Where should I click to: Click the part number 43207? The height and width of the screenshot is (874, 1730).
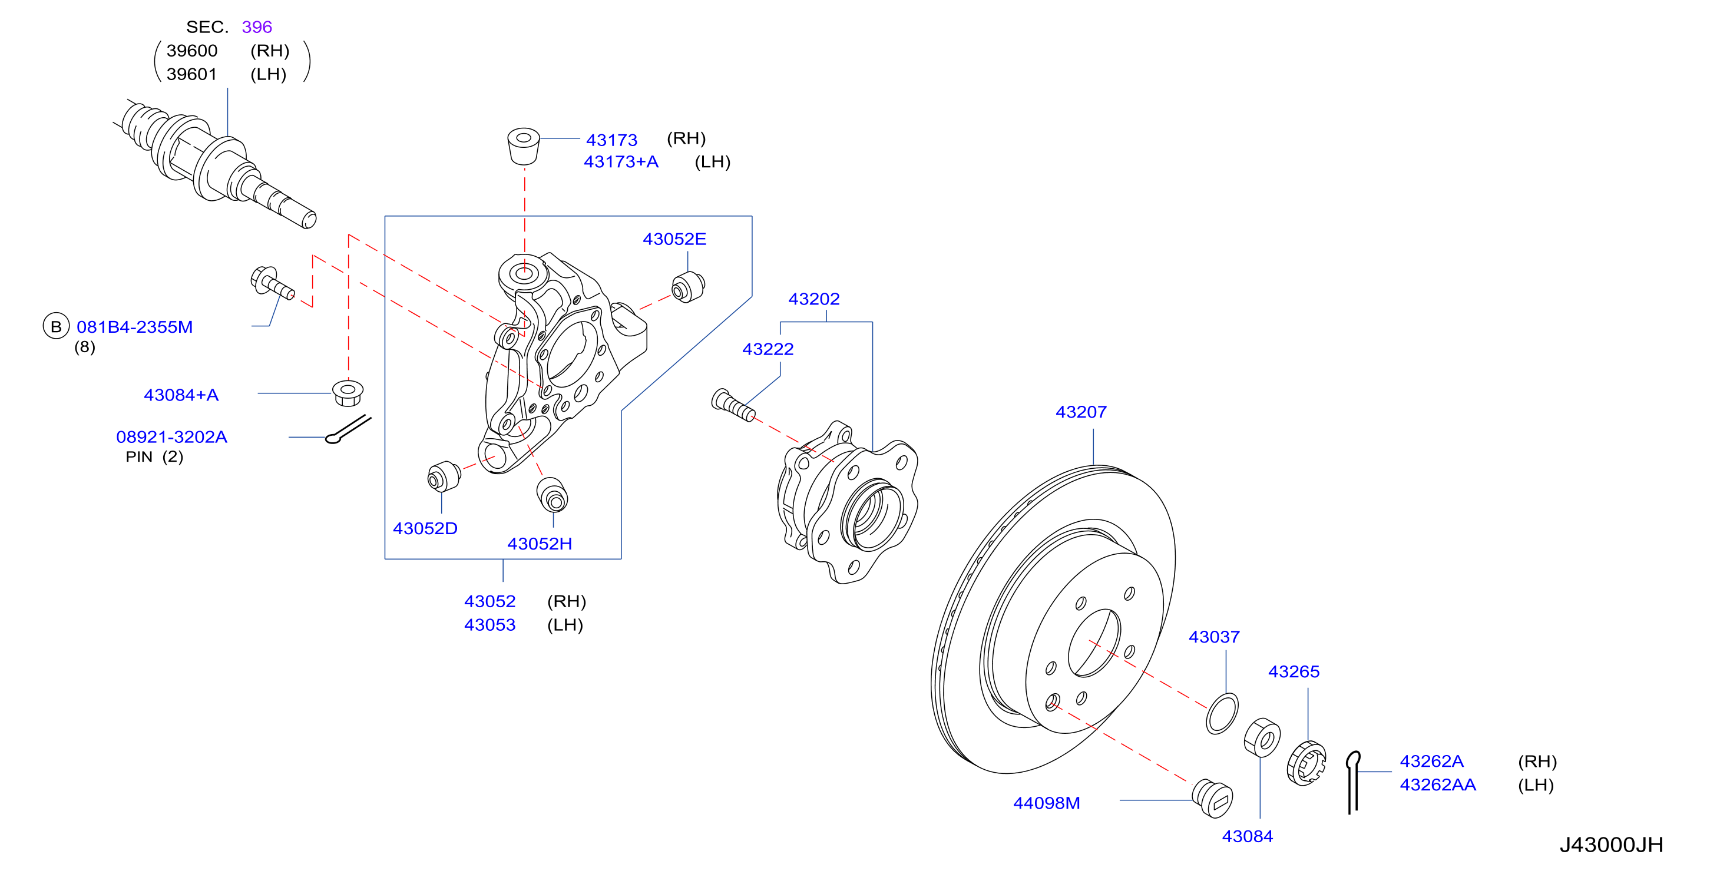tap(1080, 412)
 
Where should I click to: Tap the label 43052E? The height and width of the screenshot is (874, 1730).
tap(674, 239)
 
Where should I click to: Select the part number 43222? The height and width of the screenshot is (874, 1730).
tap(768, 349)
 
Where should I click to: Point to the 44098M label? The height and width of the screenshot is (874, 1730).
tap(1046, 803)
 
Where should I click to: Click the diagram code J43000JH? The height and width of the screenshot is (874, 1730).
tap(1611, 845)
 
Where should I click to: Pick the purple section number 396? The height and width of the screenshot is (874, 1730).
tap(257, 27)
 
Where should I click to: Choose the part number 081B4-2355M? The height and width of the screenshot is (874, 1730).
tap(134, 327)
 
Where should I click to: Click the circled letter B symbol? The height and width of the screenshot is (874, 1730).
tap(57, 326)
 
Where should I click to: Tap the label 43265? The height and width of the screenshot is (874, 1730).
tap(1294, 671)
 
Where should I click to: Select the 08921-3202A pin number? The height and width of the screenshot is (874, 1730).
tap(172, 437)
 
